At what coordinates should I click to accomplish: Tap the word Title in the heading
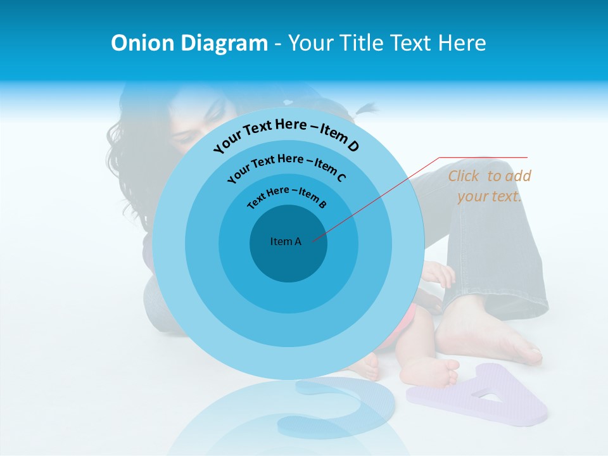363,43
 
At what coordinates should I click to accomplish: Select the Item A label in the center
286,241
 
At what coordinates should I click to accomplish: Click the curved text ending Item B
287,196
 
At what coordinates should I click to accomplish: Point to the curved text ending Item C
286,166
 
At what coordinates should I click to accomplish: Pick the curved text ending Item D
286,134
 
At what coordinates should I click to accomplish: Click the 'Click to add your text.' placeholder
489,186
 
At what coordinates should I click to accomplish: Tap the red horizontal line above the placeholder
483,157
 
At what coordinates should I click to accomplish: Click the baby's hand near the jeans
441,274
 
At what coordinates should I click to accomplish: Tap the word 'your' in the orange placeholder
473,196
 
